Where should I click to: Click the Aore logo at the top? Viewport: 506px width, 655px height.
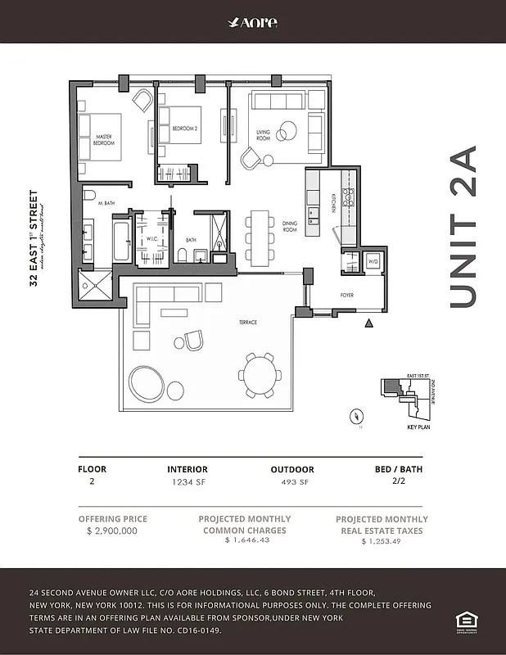pyautogui.click(x=253, y=22)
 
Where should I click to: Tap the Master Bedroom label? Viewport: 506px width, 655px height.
pyautogui.click(x=104, y=140)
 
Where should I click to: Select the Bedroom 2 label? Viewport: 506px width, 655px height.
pyautogui.click(x=185, y=129)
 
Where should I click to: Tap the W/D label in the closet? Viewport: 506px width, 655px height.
pyautogui.click(x=373, y=262)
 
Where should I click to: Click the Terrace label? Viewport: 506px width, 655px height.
pyautogui.click(x=247, y=323)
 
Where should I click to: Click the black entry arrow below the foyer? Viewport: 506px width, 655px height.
pyautogui.click(x=368, y=324)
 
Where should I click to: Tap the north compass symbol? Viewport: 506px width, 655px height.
pyautogui.click(x=356, y=416)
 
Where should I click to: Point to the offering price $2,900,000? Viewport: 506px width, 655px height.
pyautogui.click(x=111, y=531)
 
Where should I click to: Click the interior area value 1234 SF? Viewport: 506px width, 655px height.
pyautogui.click(x=187, y=482)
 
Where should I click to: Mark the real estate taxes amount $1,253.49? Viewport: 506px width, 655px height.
pyautogui.click(x=382, y=541)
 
